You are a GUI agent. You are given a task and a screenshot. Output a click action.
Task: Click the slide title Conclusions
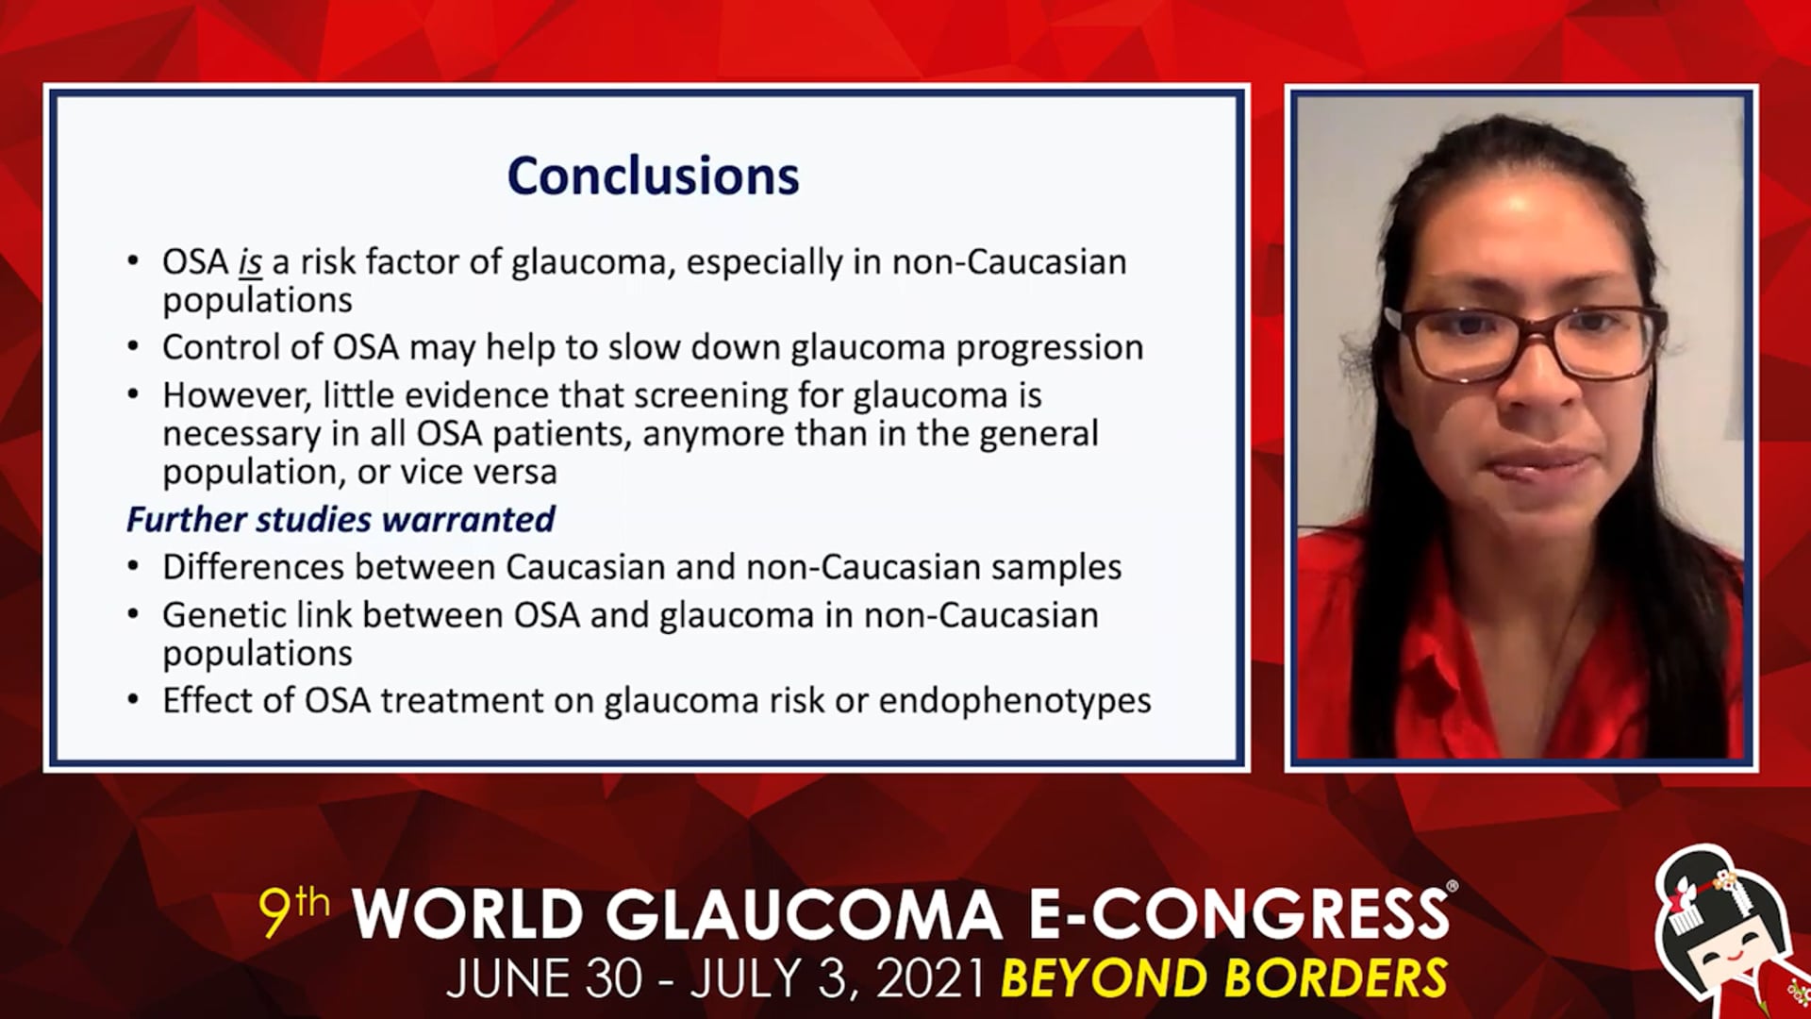click(x=653, y=175)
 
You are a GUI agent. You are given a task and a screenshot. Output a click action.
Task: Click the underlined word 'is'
click(x=250, y=262)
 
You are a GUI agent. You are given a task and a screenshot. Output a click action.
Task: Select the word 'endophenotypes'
click(x=1015, y=702)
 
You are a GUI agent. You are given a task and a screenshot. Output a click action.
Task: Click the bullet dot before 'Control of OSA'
click(x=134, y=348)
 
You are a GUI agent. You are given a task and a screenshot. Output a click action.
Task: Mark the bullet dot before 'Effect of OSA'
click(x=134, y=701)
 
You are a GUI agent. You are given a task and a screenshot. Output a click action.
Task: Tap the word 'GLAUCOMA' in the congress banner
click(x=803, y=915)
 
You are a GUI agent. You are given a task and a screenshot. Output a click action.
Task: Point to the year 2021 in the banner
click(x=932, y=978)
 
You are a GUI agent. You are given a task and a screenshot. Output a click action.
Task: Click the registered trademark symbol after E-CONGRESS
click(x=1452, y=887)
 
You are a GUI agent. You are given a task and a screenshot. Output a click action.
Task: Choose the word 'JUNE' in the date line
click(x=500, y=978)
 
